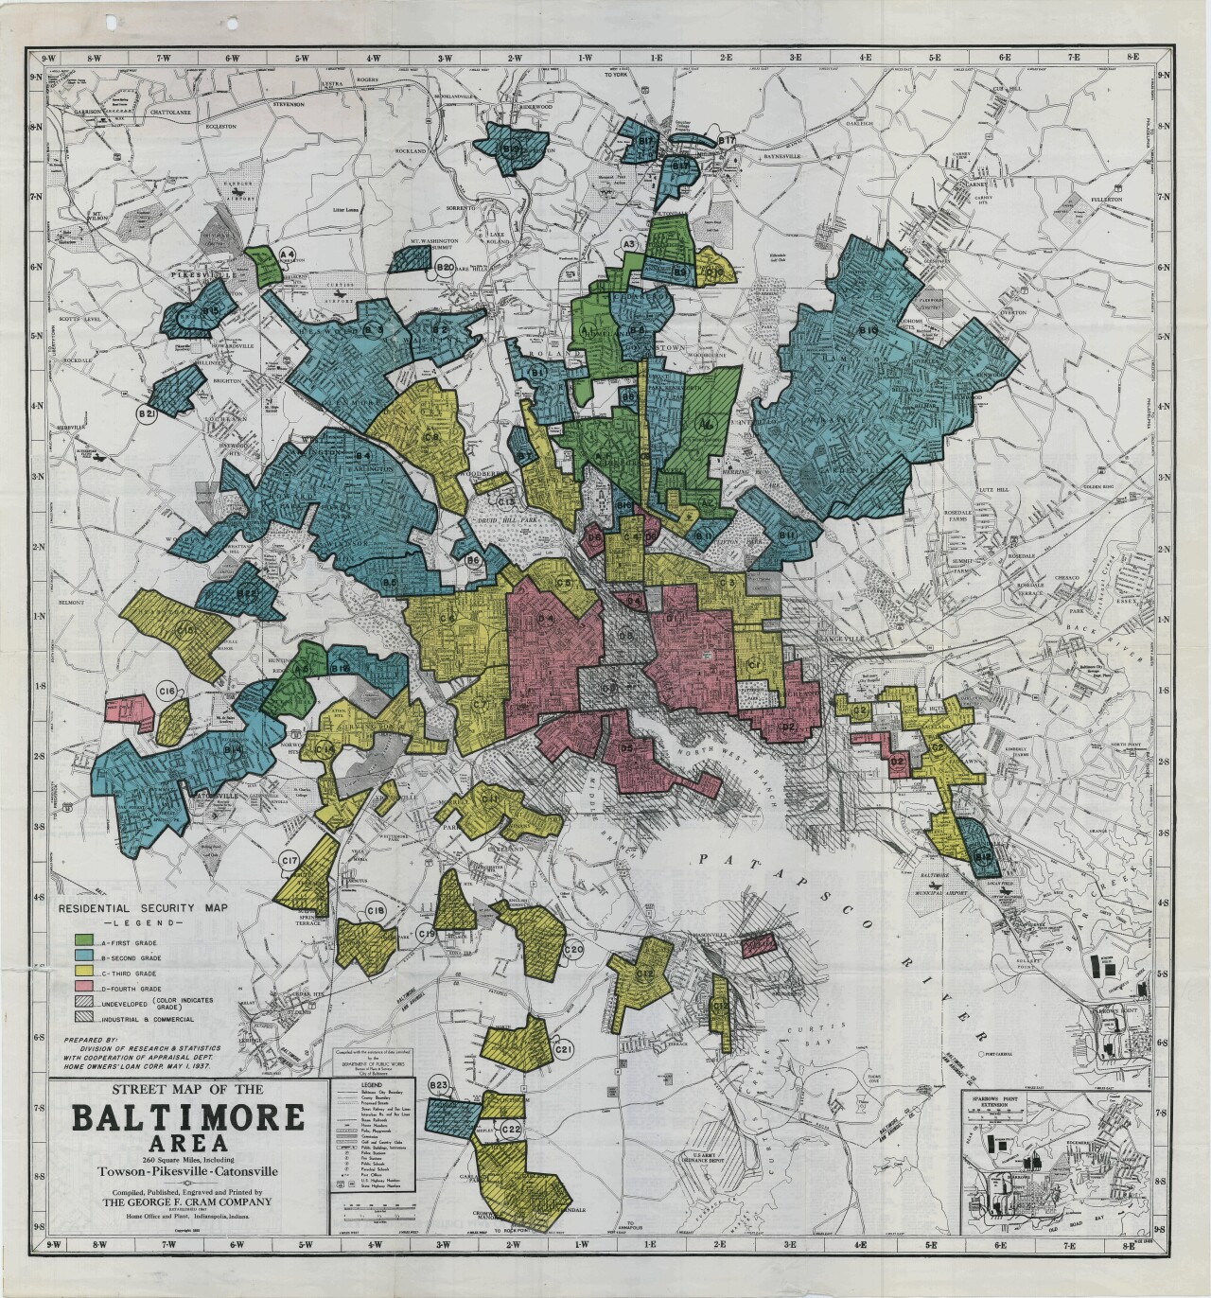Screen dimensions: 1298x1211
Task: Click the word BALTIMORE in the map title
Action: pos(188,1118)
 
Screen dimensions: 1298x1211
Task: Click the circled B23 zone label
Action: pos(438,1085)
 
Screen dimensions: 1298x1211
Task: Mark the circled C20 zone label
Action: pos(573,949)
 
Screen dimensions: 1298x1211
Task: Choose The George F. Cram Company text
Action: pos(189,1202)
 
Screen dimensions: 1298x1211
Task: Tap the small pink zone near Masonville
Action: pos(757,943)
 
